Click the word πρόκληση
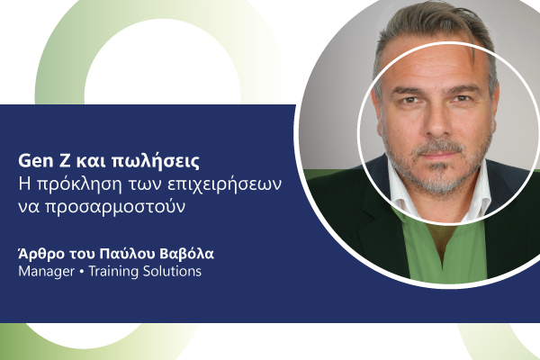click(x=80, y=185)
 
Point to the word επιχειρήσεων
click(x=224, y=185)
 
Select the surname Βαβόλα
click(x=186, y=254)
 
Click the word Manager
click(x=47, y=272)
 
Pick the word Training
click(x=113, y=272)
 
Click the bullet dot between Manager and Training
click(x=82, y=272)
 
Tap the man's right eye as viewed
click(x=463, y=99)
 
